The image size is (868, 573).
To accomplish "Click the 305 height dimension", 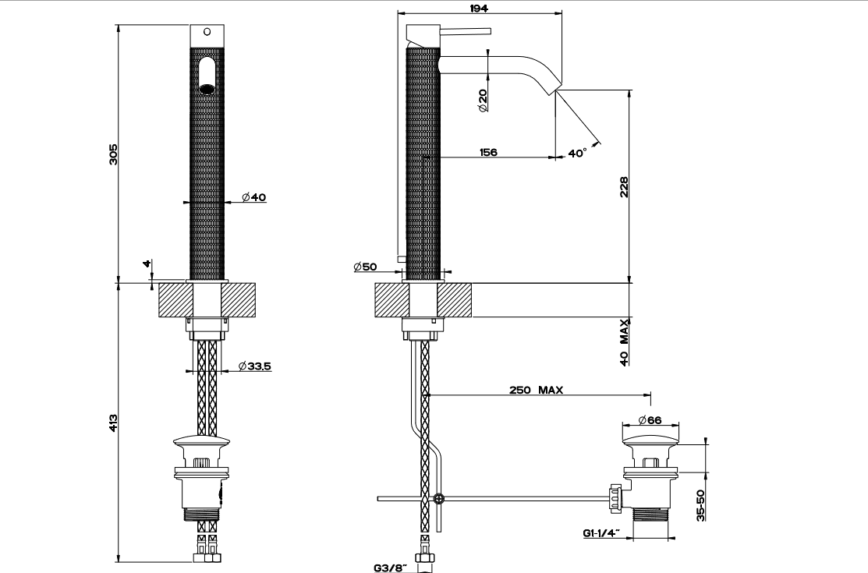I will (113, 154).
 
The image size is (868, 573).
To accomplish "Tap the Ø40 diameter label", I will (253, 197).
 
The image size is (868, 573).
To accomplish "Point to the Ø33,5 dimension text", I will (254, 366).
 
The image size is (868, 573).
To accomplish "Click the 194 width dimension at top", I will (480, 7).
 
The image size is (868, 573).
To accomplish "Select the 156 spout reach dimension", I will (489, 153).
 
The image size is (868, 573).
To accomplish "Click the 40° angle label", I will (577, 154).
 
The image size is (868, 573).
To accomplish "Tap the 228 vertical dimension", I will (623, 187).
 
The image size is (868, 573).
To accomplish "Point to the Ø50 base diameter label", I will (365, 267).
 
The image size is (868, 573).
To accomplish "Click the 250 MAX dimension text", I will (537, 390).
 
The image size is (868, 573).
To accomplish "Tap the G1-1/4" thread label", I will (601, 533).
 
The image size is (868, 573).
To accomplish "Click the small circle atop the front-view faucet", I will (207, 33).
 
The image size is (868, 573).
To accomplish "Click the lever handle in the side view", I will (466, 33).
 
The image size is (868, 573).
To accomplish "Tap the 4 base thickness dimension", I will (147, 264).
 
